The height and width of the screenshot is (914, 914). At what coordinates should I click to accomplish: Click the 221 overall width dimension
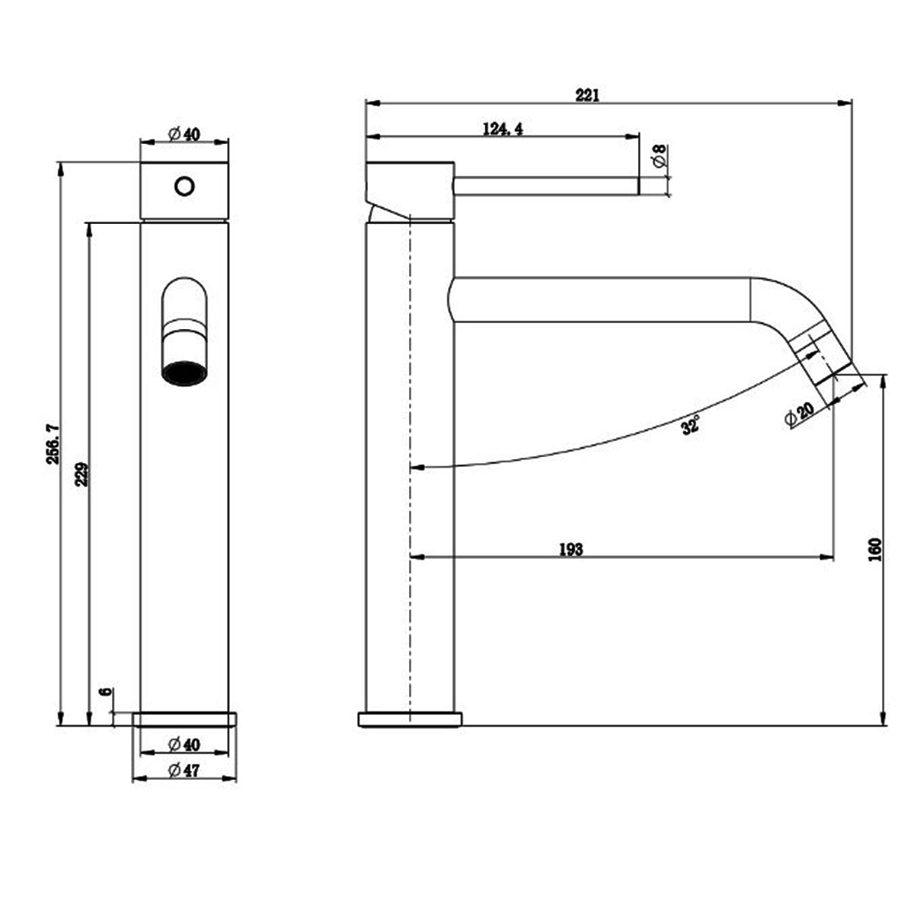pyautogui.click(x=587, y=95)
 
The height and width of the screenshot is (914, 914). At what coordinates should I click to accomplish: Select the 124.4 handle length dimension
pyautogui.click(x=503, y=129)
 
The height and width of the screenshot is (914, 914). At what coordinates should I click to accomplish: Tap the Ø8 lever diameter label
pyautogui.click(x=660, y=156)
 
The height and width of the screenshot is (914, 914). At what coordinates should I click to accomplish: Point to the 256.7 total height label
pyautogui.click(x=53, y=443)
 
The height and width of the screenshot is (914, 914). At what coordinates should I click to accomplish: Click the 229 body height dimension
pyautogui.click(x=82, y=475)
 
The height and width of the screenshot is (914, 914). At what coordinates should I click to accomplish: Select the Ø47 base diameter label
pyautogui.click(x=184, y=771)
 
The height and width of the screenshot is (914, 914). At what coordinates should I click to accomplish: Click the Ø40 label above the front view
pyautogui.click(x=184, y=134)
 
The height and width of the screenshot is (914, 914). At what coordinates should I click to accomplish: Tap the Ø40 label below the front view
pyautogui.click(x=184, y=744)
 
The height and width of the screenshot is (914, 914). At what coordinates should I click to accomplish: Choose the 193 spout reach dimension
pyautogui.click(x=570, y=549)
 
